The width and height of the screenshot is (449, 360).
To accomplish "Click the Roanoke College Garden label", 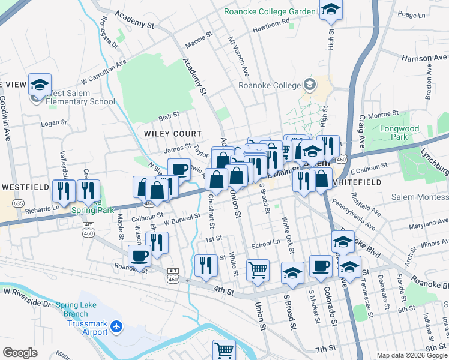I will click(x=270, y=11).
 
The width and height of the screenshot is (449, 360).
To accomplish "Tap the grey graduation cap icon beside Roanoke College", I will click(x=309, y=85).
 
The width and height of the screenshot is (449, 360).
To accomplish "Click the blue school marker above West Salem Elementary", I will click(x=40, y=85).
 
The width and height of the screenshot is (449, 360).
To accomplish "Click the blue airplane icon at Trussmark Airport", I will click(x=116, y=327).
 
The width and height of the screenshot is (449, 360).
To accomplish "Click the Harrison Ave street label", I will click(x=424, y=58).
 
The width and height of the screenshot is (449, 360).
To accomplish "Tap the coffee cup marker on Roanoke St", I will click(x=140, y=256).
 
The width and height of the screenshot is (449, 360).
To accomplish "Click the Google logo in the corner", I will click(x=20, y=353).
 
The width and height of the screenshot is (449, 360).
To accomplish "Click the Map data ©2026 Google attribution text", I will click(x=411, y=355).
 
